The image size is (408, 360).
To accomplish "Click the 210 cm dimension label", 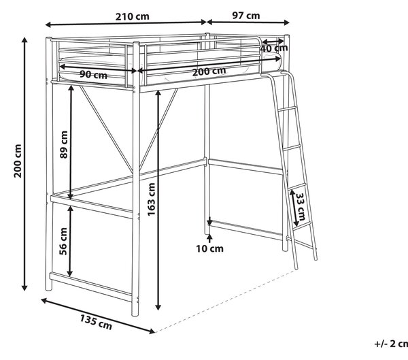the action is [x=133, y=16].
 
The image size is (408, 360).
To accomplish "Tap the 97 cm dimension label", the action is [x=246, y=16].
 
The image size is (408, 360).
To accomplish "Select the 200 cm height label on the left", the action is [x=18, y=161].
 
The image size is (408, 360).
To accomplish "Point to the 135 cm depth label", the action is [x=96, y=322].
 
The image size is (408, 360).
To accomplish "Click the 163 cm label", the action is [x=151, y=199].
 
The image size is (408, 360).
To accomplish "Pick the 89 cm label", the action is [x=64, y=144].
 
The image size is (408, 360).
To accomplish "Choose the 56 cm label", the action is [x=63, y=241].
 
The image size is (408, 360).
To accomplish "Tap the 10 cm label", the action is [x=209, y=249].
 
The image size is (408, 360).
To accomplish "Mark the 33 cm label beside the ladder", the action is [x=301, y=207].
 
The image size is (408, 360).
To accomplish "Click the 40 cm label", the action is [x=274, y=48].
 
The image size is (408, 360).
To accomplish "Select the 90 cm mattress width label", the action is [x=93, y=75].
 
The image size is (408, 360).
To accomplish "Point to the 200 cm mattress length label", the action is [x=209, y=71].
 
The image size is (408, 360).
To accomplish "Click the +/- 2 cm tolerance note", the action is [x=391, y=344].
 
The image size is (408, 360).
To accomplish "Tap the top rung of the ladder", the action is [x=287, y=109].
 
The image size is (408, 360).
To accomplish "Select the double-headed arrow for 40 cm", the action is [x=273, y=41].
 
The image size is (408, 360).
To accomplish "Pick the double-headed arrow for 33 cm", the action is [x=294, y=208].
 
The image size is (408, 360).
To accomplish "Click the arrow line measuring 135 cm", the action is [x=98, y=316].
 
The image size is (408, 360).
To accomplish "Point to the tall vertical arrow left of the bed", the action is [x=24, y=164].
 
